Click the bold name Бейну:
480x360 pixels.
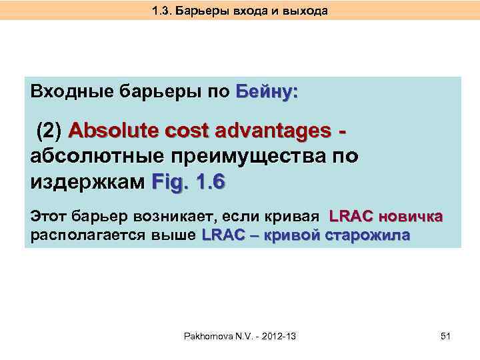click(267, 91)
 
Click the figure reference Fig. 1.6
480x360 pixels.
click(189, 181)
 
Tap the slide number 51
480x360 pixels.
click(446, 337)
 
